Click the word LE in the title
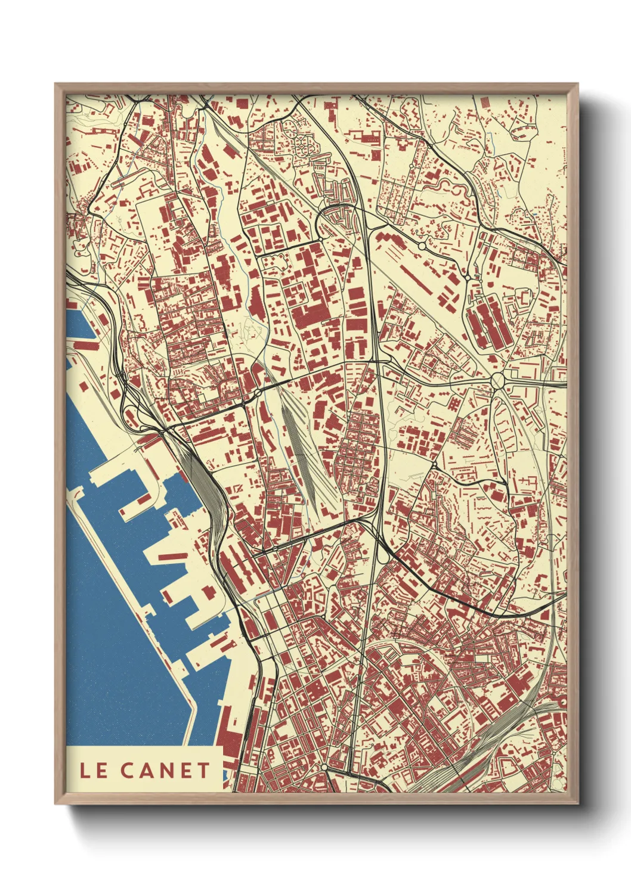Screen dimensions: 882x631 point(94,771)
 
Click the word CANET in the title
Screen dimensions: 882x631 point(165,771)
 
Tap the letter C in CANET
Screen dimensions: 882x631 point(128,771)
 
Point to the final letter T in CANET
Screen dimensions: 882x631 point(203,771)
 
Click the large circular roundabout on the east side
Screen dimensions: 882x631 point(497,380)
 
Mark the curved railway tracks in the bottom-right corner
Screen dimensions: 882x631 point(477,757)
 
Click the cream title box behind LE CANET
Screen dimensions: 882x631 point(144,770)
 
